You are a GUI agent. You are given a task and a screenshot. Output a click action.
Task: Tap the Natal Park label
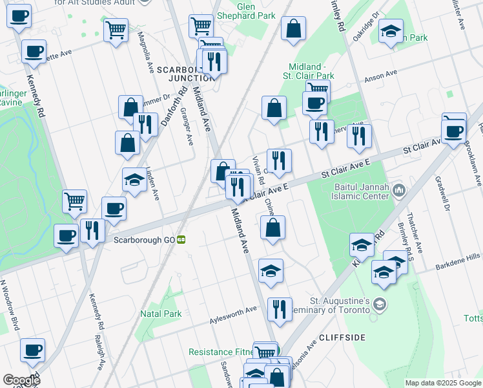click(161, 314)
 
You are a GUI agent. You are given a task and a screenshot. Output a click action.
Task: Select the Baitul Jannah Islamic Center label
click(358, 189)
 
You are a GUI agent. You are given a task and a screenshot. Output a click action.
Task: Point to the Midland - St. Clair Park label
click(316, 72)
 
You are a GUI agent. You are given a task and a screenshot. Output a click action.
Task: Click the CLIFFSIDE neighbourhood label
click(342, 338)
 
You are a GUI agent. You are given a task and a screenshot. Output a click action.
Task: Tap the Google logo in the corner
click(21, 380)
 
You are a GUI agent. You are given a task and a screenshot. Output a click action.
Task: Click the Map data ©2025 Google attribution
click(443, 383)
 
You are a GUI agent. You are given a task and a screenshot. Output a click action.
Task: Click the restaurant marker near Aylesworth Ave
click(280, 309)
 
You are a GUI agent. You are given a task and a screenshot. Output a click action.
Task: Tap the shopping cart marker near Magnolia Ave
click(116, 30)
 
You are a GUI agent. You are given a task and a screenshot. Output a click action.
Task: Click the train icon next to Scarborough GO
click(182, 239)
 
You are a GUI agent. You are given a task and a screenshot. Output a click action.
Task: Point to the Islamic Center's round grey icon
click(398, 189)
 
